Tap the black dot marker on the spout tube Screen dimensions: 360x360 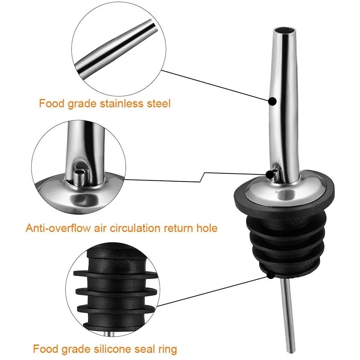[x=273, y=101]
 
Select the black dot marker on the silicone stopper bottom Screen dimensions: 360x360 [x=271, y=275]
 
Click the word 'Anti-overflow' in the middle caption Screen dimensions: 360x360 [x=58, y=228]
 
